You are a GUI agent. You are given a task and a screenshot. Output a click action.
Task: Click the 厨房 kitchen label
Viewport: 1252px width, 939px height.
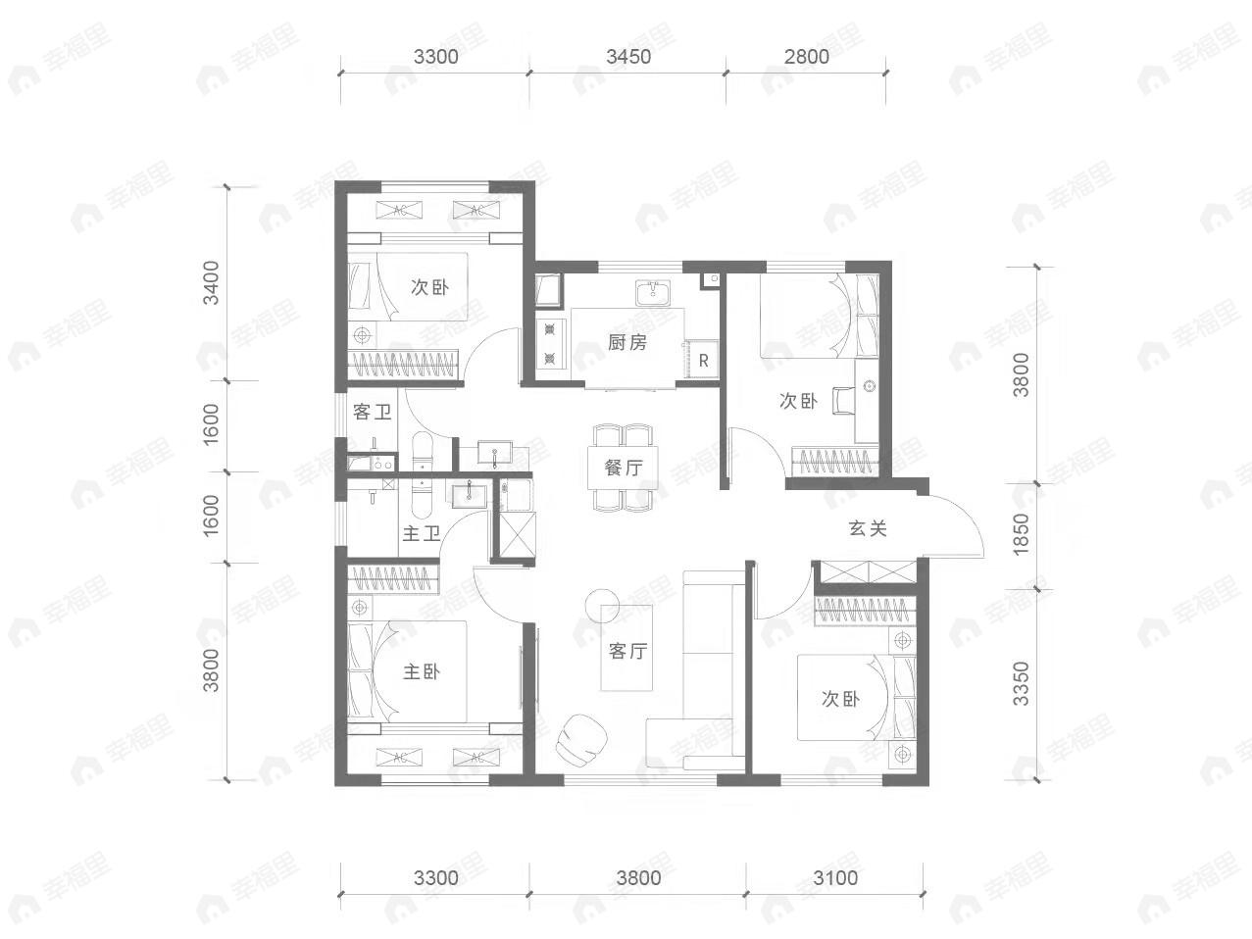coord(627,342)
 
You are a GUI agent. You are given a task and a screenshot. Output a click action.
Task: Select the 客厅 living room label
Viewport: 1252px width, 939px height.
coord(627,651)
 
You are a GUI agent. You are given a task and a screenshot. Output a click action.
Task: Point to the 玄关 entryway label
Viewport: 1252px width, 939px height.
coord(868,528)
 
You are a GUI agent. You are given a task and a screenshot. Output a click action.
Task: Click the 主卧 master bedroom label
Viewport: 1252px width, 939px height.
coord(422,671)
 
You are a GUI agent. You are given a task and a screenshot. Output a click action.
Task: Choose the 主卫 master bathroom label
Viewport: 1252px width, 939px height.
coord(421,534)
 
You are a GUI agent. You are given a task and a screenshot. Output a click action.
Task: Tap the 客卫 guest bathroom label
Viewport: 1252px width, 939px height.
coord(373,412)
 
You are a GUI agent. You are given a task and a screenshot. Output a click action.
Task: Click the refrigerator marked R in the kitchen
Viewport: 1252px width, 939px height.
coord(703,360)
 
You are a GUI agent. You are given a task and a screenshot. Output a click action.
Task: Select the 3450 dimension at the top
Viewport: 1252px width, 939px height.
coord(627,56)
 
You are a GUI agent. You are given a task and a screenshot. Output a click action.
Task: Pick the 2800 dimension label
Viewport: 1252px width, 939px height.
coord(806,56)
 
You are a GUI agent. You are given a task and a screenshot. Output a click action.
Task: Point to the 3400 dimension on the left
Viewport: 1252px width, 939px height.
coord(211,282)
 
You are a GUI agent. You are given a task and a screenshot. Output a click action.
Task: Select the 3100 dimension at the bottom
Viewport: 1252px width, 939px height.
coord(835,877)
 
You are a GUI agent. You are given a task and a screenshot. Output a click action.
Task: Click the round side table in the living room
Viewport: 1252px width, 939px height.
coord(598,603)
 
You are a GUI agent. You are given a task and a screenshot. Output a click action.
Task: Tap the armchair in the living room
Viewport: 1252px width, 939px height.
coord(581,737)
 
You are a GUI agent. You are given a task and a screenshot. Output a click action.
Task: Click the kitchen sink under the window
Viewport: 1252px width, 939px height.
coord(652,291)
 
